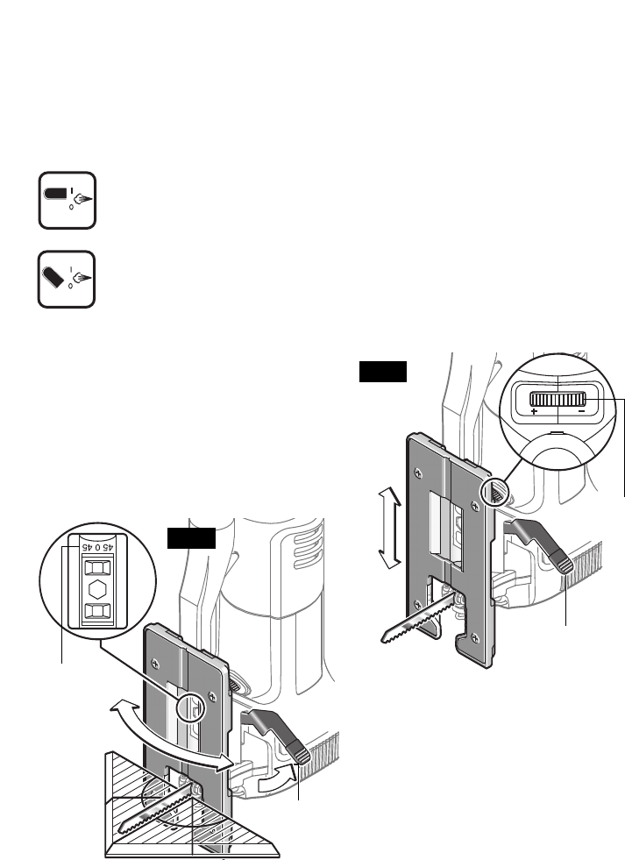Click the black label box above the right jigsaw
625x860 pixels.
click(383, 372)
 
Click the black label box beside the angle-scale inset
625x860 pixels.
click(191, 538)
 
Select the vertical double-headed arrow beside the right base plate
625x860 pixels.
click(388, 529)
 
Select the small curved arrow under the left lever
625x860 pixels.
click(278, 779)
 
